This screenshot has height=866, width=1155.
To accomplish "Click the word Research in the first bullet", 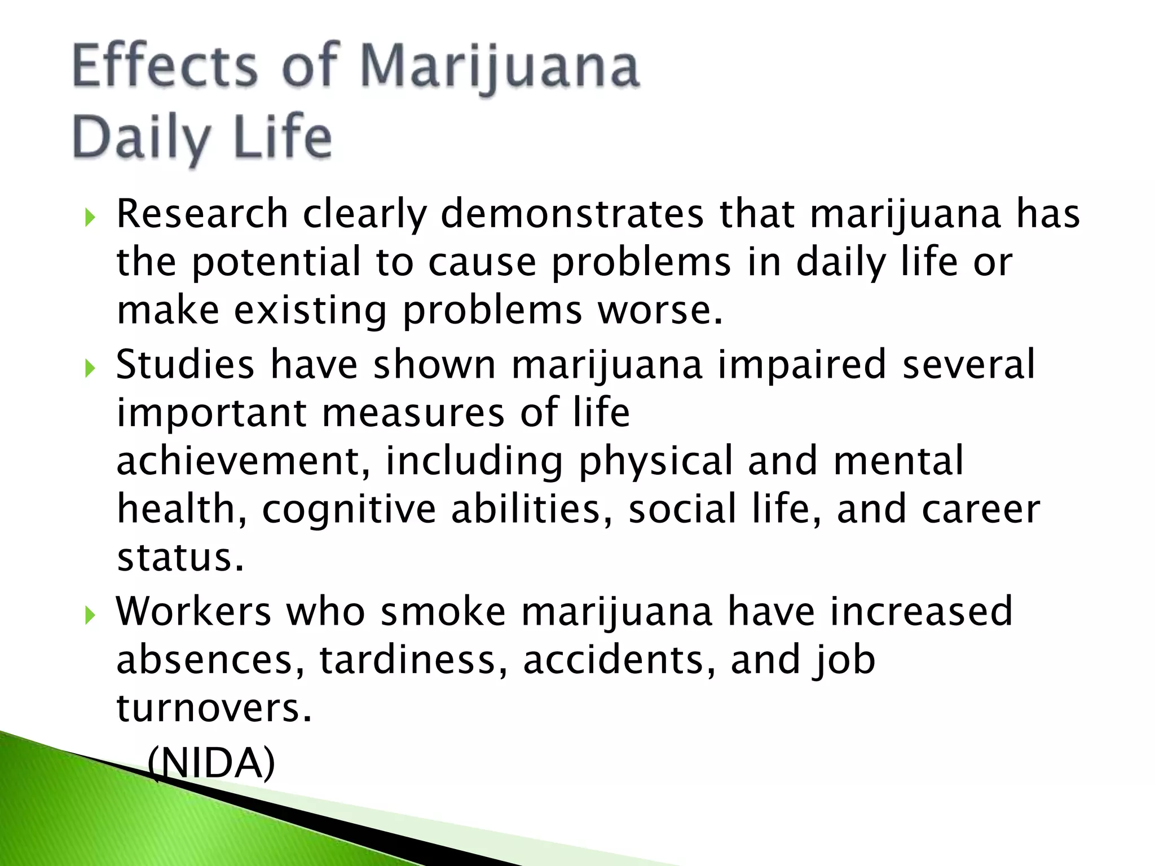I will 202,214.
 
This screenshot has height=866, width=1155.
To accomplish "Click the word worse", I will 660,311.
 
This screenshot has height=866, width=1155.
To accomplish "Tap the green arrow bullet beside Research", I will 90,217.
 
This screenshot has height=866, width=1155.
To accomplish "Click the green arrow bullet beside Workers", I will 90,615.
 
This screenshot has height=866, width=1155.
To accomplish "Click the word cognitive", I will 349,509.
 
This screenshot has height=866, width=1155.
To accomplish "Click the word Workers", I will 193,611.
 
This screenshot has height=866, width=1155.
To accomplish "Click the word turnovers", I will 214,708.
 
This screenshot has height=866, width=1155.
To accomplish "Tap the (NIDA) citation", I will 211,763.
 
